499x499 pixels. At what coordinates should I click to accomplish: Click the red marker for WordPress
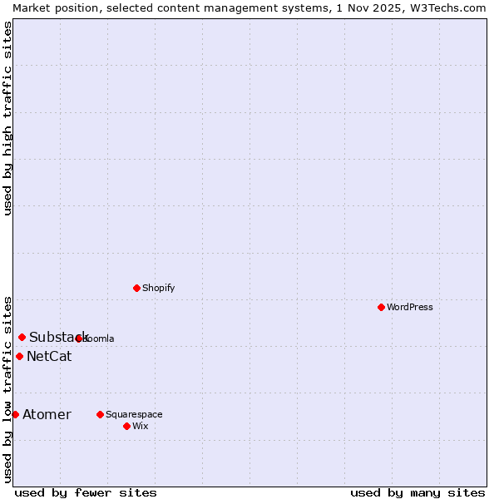point(381,307)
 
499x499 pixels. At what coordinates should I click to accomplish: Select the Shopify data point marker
point(136,288)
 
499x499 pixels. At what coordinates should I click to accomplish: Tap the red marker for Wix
point(126,426)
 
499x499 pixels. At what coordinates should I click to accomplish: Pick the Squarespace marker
point(100,414)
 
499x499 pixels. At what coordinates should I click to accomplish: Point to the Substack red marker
point(22,337)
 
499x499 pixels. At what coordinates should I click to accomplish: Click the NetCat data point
point(19,356)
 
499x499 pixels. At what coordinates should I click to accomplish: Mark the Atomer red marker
point(15,414)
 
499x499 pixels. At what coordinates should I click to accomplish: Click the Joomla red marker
point(79,338)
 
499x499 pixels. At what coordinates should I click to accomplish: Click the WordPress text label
point(410,307)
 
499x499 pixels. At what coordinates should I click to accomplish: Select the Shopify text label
point(158,288)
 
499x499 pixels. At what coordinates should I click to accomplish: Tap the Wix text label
point(141,426)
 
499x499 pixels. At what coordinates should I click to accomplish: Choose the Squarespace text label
point(134,414)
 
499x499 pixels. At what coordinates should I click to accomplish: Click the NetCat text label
point(49,357)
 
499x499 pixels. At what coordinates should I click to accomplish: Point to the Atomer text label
point(47,415)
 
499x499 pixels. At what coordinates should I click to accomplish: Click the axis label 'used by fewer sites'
point(86,492)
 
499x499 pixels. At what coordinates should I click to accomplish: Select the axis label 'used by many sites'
point(417,492)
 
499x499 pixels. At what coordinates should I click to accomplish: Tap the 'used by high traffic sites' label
point(7,118)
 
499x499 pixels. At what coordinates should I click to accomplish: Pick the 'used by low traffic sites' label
point(7,389)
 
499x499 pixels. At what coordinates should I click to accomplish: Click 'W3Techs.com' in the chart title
point(447,7)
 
